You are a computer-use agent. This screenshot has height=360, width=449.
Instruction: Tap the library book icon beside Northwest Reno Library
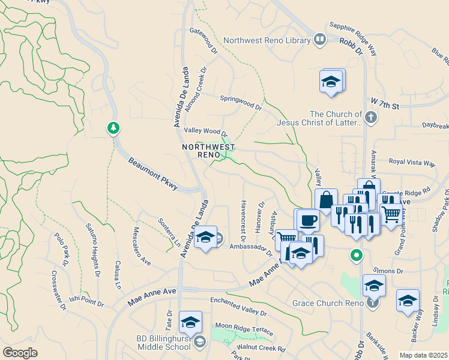(x=320, y=40)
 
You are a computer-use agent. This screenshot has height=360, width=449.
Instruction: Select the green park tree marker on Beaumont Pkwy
(x=113, y=128)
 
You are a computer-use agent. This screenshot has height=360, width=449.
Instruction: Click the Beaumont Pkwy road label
(x=153, y=174)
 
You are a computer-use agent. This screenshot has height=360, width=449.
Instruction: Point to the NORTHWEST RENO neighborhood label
(x=208, y=151)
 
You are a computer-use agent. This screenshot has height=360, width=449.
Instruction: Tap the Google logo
(x=20, y=352)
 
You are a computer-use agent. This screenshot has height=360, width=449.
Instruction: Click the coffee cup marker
(x=308, y=219)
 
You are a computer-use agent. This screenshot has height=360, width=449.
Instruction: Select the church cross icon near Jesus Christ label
(x=371, y=118)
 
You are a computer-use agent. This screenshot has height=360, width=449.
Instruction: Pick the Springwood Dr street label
(x=241, y=103)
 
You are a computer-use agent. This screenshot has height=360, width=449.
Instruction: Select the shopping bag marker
(x=326, y=200)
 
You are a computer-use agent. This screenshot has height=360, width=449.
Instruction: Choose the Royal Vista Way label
(x=412, y=163)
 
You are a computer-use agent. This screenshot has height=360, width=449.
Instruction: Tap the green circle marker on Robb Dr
(x=357, y=256)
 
